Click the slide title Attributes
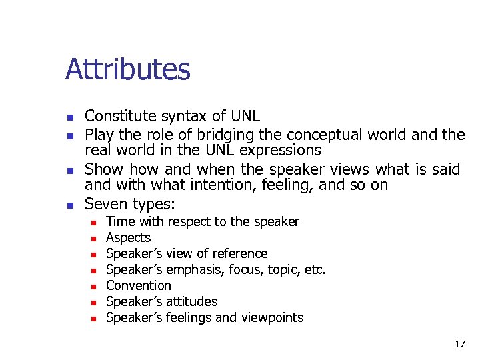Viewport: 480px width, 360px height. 128,70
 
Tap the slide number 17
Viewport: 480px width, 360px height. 460,344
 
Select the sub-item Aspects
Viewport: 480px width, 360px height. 129,237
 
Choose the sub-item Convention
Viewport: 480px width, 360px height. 139,285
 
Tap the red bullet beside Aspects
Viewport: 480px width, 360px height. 94,239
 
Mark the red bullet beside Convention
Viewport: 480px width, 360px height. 94,287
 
